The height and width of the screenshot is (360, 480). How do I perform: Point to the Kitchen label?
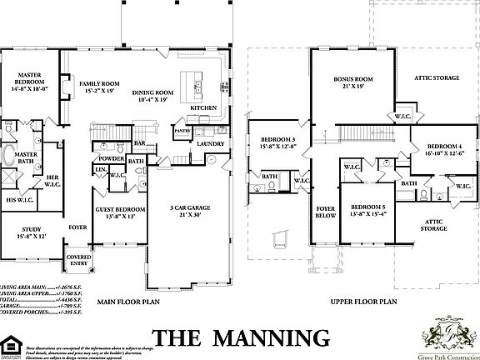pyautogui.click(x=203, y=108)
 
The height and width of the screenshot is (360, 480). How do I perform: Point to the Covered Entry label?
pyautogui.click(x=80, y=260)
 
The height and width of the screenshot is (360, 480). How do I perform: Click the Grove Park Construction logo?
pyautogui.click(x=450, y=333)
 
